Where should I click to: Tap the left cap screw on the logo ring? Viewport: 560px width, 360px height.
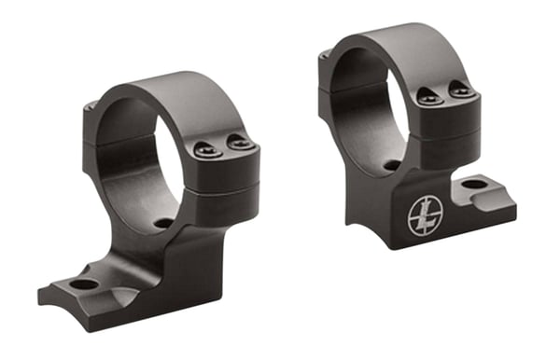click(x=426, y=95)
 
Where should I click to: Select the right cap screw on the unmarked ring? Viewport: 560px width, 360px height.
click(x=239, y=144)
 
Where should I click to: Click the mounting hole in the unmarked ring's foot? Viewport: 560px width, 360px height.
click(x=83, y=284)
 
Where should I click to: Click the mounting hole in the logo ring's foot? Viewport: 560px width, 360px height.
click(x=474, y=184)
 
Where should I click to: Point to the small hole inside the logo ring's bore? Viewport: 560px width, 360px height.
click(x=392, y=164)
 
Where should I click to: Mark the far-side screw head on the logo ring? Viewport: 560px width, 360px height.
click(x=324, y=57)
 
